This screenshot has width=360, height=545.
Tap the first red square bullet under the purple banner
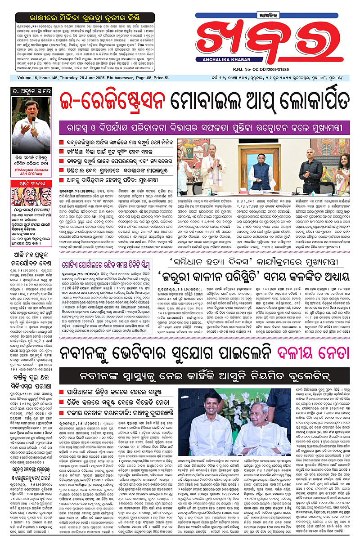pos(62,143)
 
